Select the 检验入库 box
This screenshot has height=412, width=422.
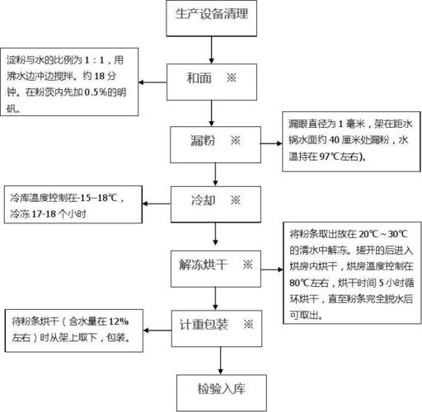coord(218,386)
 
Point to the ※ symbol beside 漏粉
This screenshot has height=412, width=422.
coord(236,141)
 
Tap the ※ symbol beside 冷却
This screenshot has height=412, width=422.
coord(236,200)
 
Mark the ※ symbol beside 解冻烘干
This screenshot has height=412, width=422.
coord(246,265)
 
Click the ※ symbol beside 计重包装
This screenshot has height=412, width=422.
coord(247,323)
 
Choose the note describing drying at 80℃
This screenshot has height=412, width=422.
coord(349,271)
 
